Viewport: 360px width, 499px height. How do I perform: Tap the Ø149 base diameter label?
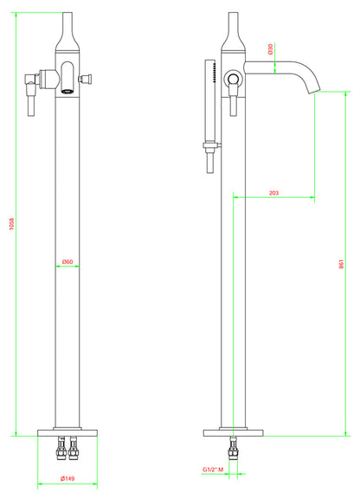point(67,479)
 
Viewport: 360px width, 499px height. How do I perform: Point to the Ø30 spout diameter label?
point(271,49)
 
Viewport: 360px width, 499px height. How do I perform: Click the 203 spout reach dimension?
point(273,193)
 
